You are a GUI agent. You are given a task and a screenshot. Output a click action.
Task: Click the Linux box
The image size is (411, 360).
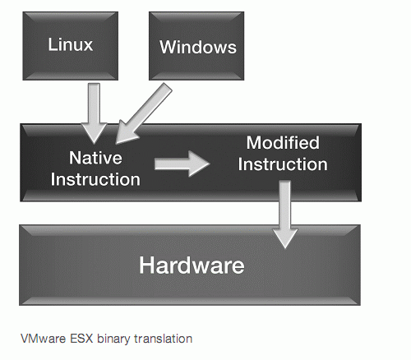click(71, 46)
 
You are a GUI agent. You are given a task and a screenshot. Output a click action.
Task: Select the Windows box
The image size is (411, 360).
click(196, 46)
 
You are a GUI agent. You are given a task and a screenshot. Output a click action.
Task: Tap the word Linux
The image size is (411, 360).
click(71, 44)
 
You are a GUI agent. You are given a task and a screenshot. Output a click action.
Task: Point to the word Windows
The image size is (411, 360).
click(198, 47)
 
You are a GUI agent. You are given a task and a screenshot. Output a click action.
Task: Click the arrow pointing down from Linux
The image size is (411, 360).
click(94, 113)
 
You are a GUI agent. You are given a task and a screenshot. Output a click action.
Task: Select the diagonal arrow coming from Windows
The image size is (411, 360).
click(144, 113)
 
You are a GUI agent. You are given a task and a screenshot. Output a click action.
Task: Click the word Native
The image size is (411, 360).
click(95, 158)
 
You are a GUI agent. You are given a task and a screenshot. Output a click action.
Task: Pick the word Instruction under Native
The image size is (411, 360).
click(95, 179)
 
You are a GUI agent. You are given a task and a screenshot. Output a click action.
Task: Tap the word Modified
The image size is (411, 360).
click(283, 143)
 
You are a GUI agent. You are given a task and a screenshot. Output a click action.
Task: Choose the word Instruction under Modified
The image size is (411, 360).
click(283, 164)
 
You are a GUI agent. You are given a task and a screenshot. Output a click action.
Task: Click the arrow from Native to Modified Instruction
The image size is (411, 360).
click(182, 164)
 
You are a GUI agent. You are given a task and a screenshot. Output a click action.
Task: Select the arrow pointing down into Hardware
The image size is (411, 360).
click(285, 215)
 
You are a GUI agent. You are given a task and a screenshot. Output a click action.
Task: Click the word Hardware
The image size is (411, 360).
click(192, 265)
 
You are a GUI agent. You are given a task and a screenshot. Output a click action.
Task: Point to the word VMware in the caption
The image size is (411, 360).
click(44, 339)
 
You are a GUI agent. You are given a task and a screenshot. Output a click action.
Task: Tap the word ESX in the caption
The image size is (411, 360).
click(81, 339)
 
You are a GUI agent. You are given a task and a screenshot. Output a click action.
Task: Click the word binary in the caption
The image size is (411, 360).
click(113, 339)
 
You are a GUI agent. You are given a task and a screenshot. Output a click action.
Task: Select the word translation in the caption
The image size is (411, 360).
click(163, 339)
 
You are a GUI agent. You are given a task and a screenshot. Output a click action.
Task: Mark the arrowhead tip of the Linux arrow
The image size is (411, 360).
click(94, 143)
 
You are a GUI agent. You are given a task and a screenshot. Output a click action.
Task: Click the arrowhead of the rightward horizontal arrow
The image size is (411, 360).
click(200, 164)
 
